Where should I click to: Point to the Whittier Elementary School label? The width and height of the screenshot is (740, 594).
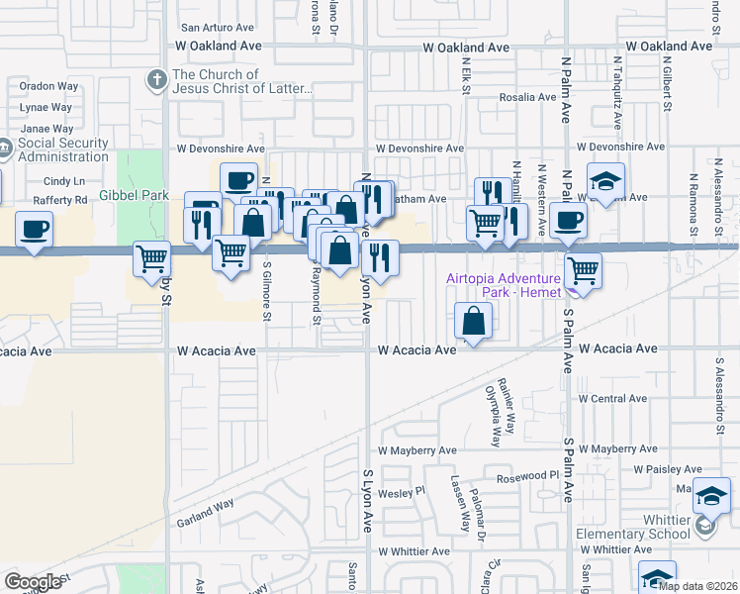[634, 527]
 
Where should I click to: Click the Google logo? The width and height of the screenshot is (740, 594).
[33, 581]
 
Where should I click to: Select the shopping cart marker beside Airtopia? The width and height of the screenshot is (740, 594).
[584, 267]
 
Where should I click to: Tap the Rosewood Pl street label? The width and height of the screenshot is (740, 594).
[529, 475]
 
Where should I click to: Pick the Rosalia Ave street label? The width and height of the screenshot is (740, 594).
[527, 97]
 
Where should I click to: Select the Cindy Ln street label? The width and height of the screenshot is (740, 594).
[64, 181]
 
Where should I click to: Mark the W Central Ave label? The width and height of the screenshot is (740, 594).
[612, 398]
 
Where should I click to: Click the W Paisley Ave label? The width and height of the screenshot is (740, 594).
[669, 469]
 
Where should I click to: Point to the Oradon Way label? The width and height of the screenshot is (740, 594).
[48, 86]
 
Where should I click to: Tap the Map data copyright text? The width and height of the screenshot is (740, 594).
[697, 585]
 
